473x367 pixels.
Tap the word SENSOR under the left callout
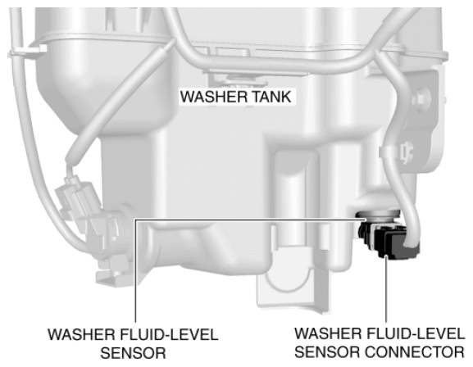pyautogui.click(x=133, y=353)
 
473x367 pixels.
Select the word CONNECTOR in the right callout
pyautogui.click(x=415, y=352)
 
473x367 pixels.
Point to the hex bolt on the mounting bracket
pyautogui.click(x=421, y=98)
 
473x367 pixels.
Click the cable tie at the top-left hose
pyautogui.click(x=27, y=52)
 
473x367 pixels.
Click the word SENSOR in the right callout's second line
pyautogui.click(x=328, y=352)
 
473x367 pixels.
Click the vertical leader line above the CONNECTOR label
pyautogui.click(x=386, y=288)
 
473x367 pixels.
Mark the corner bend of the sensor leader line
pyautogui.click(x=136, y=220)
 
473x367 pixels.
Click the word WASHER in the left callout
pyautogui.click(x=81, y=335)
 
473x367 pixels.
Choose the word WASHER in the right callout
pyautogui.click(x=329, y=333)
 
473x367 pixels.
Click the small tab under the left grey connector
pyautogui.click(x=109, y=277)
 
